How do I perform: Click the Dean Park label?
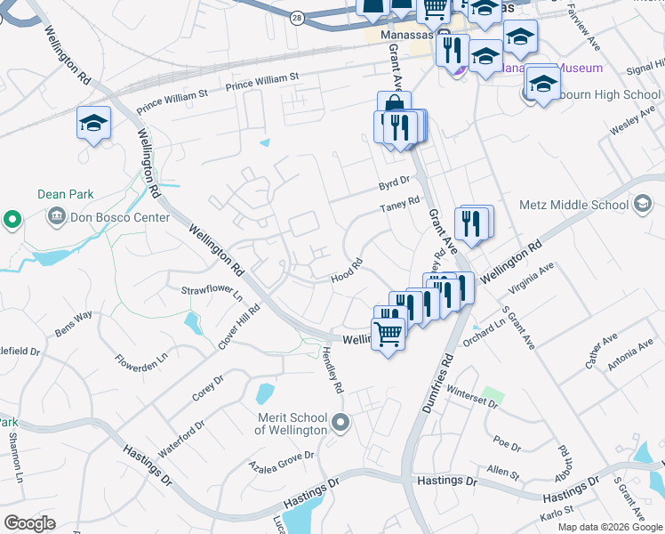pyautogui.click(x=66, y=194)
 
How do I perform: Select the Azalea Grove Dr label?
pyautogui.click(x=282, y=459)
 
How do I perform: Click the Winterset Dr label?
pyautogui.click(x=472, y=396)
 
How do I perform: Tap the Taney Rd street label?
pyautogui.click(x=400, y=206)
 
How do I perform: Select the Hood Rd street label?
pyautogui.click(x=347, y=269)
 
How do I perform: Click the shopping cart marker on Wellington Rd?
pyautogui.click(x=389, y=335)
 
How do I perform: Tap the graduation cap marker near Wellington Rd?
pyautogui.click(x=93, y=125)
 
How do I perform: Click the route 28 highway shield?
pyautogui.click(x=297, y=16)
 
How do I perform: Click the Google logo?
pyautogui.click(x=29, y=523)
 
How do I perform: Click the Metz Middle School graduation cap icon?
pyautogui.click(x=641, y=205)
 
